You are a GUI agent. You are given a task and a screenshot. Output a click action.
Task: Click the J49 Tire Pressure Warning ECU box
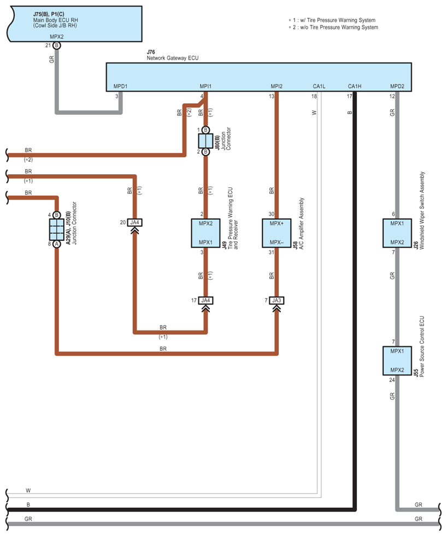(x=205, y=233)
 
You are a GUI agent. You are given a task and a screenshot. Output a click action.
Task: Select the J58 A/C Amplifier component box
(x=277, y=233)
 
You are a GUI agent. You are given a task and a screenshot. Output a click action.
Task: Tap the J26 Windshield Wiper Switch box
(x=397, y=233)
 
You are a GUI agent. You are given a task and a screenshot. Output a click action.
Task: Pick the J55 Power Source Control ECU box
(x=397, y=361)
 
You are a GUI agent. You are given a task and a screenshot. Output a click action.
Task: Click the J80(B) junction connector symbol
(x=205, y=141)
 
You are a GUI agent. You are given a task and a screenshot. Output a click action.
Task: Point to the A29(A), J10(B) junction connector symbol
(x=57, y=229)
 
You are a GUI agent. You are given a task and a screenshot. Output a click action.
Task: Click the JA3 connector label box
(x=277, y=301)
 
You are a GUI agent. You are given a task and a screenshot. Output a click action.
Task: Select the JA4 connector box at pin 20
(x=135, y=222)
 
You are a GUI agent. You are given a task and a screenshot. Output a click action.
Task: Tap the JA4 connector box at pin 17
(x=205, y=301)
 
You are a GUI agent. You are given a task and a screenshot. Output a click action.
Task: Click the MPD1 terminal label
(x=120, y=86)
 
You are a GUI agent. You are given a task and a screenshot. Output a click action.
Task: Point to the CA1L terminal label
(x=319, y=86)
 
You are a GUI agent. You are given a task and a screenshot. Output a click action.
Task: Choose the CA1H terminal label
(x=355, y=86)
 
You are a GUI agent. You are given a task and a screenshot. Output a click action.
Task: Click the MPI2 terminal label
(x=277, y=86)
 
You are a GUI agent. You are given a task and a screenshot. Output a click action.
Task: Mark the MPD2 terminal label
(x=397, y=86)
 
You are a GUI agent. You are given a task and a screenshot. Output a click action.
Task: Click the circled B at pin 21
(x=57, y=45)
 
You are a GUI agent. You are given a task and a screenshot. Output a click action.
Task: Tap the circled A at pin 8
(x=57, y=244)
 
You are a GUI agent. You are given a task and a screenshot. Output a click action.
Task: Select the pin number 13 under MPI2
(x=272, y=96)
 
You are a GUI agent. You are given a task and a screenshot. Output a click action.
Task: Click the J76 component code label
(x=151, y=52)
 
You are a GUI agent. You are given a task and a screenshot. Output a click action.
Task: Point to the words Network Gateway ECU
(x=173, y=58)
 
